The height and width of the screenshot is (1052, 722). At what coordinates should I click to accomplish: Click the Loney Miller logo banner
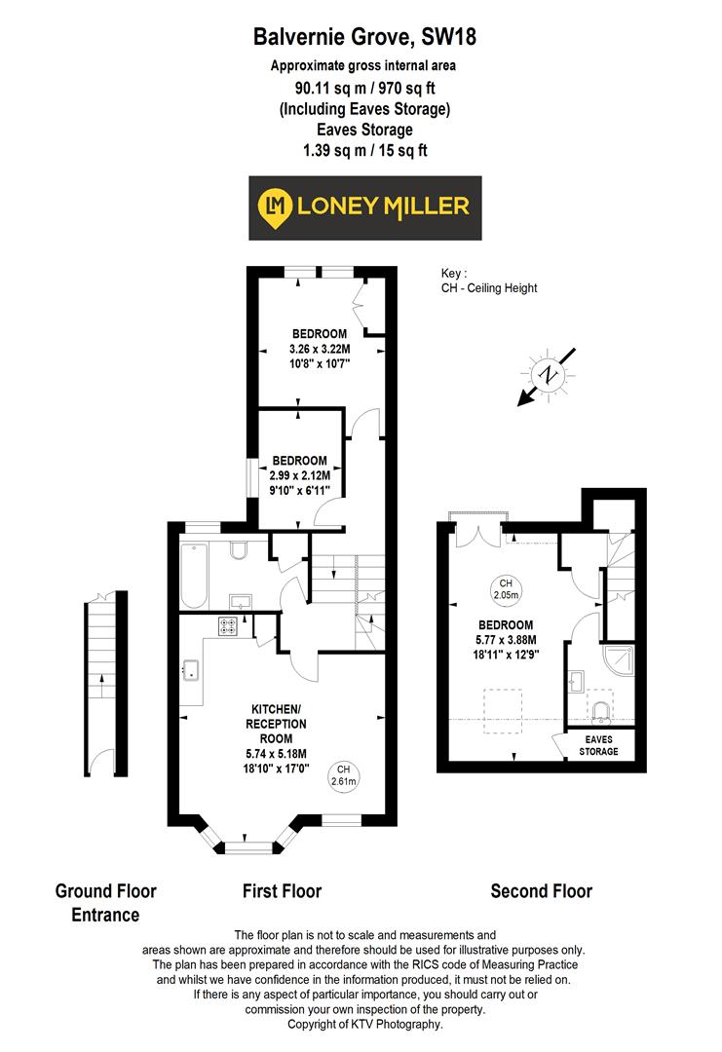tap(364, 207)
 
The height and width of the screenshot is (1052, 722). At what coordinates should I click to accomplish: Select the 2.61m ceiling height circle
tap(344, 774)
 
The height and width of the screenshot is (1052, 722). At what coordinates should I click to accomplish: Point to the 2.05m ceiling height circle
tap(506, 587)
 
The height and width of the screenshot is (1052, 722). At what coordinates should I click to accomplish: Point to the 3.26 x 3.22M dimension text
tap(319, 348)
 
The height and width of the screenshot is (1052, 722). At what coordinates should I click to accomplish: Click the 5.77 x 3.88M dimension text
tap(506, 640)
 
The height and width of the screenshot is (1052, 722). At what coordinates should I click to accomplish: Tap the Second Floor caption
tap(541, 890)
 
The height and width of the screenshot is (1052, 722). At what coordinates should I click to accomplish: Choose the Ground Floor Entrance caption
tap(105, 902)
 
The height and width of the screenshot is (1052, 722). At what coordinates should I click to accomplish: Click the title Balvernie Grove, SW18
tap(364, 38)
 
